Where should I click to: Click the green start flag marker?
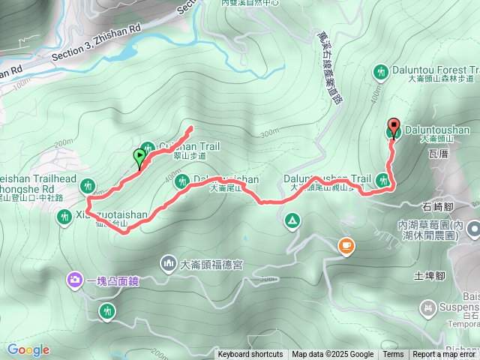(139, 157)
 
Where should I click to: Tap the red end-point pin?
(394, 126)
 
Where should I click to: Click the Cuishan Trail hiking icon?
(147, 147)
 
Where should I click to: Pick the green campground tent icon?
(291, 220)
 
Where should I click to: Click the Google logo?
(28, 349)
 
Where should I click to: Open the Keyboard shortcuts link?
(250, 355)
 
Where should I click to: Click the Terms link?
(393, 355)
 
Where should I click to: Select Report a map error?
(445, 355)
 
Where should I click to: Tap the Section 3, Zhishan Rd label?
(97, 49)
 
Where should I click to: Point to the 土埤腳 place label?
(430, 276)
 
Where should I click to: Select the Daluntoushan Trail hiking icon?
(383, 179)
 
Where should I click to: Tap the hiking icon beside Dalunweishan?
(181, 181)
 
